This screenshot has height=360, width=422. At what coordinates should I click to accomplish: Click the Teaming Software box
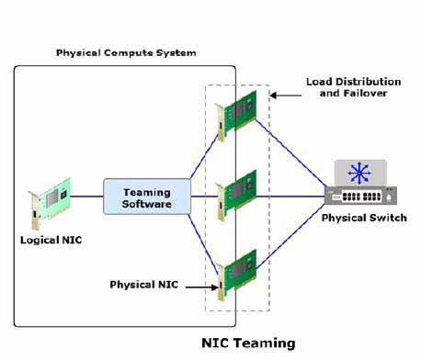point(147,197)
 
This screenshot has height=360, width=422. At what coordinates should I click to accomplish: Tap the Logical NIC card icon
point(50,203)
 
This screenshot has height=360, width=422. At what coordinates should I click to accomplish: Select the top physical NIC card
point(235,116)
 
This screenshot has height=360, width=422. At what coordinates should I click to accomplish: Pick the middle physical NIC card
point(235,195)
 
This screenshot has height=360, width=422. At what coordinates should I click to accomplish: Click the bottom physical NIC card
point(235,275)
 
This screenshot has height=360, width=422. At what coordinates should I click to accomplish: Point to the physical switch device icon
point(360,183)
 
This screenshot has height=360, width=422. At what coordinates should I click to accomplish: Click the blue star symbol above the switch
point(359,174)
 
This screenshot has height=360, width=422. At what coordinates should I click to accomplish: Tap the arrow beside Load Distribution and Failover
point(286,96)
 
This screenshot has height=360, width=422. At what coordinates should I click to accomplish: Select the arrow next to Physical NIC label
point(202,287)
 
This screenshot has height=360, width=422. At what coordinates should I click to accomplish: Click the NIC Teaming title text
point(248,343)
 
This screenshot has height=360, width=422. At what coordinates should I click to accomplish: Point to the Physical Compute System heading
point(126,52)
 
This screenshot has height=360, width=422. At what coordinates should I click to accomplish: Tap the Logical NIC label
point(51,240)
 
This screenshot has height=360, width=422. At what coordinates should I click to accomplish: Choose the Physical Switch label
point(364,218)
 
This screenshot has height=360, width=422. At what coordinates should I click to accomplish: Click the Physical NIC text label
point(143,285)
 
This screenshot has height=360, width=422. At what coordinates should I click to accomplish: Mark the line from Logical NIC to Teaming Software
point(87,197)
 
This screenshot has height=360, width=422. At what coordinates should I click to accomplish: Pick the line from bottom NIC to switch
point(291,237)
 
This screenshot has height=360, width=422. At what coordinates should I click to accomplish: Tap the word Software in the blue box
point(147,204)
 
